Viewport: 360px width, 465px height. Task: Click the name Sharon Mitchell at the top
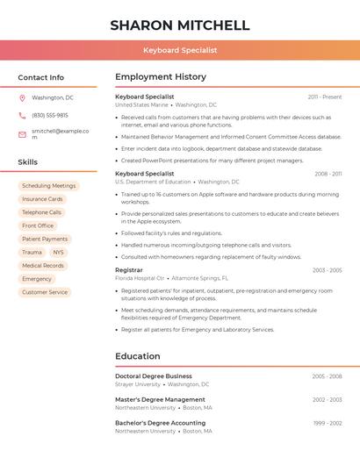pyautogui.click(x=180, y=25)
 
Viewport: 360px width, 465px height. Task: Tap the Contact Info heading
pyautogui.click(x=41, y=77)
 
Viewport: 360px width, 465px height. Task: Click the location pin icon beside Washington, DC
pyautogui.click(x=22, y=97)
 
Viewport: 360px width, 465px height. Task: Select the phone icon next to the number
pyautogui.click(x=22, y=115)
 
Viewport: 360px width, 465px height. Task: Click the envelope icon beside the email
pyautogui.click(x=22, y=134)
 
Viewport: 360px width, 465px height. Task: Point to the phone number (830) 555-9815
pyautogui.click(x=50, y=115)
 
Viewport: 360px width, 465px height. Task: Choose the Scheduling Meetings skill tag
pyautogui.click(x=48, y=186)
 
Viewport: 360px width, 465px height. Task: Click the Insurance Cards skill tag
pyautogui.click(x=42, y=199)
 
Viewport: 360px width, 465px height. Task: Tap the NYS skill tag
pyautogui.click(x=58, y=252)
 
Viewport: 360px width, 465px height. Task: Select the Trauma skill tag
pyautogui.click(x=32, y=252)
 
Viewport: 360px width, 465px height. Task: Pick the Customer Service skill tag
pyautogui.click(x=45, y=292)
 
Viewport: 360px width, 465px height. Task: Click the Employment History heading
pyautogui.click(x=161, y=77)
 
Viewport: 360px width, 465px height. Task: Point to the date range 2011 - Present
pyautogui.click(x=325, y=97)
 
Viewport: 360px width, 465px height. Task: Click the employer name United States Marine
pyautogui.click(x=141, y=104)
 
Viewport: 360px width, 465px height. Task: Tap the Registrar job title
pyautogui.click(x=128, y=270)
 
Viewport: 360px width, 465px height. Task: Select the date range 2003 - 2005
pyautogui.click(x=327, y=270)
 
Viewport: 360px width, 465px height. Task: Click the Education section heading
pyautogui.click(x=138, y=356)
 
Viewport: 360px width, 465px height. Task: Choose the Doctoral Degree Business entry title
pyautogui.click(x=154, y=376)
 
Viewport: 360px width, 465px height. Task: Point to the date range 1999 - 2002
pyautogui.click(x=328, y=423)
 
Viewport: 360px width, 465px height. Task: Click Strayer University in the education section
pyautogui.click(x=138, y=384)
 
